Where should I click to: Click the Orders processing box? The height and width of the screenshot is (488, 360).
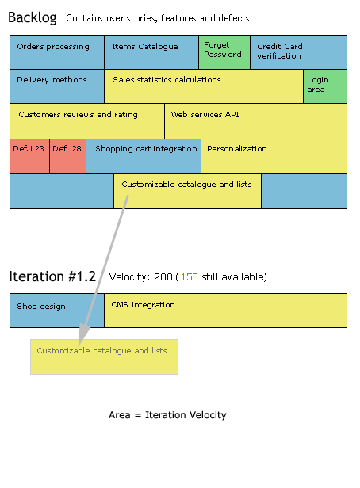[x=57, y=52]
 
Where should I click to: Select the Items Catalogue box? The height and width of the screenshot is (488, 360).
[x=151, y=52]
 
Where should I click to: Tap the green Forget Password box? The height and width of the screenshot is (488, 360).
[x=224, y=52]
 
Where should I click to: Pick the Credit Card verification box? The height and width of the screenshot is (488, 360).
[x=298, y=52]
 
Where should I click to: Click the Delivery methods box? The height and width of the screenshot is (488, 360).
[x=57, y=86]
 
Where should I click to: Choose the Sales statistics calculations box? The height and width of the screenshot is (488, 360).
[x=204, y=86]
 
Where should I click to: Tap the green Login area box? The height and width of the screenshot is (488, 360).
[x=325, y=86]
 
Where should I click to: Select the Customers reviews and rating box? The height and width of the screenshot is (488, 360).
[x=87, y=121]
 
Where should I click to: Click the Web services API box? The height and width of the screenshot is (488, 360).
[x=255, y=121]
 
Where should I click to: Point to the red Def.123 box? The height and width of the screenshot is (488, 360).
[x=29, y=156]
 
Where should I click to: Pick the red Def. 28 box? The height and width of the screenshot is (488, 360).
[x=68, y=156]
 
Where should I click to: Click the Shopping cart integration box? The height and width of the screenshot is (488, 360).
[x=144, y=156]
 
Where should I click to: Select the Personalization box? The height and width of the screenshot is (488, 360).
[x=274, y=156]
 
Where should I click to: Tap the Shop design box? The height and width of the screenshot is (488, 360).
[x=57, y=311]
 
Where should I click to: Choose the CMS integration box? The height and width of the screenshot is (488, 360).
[x=225, y=311]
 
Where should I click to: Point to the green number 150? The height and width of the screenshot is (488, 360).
[x=189, y=276]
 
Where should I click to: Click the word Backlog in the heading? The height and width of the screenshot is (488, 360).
[x=33, y=17]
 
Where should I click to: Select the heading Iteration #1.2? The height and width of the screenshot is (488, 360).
[x=52, y=276]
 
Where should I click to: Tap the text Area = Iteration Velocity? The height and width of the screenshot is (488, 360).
[x=167, y=415]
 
